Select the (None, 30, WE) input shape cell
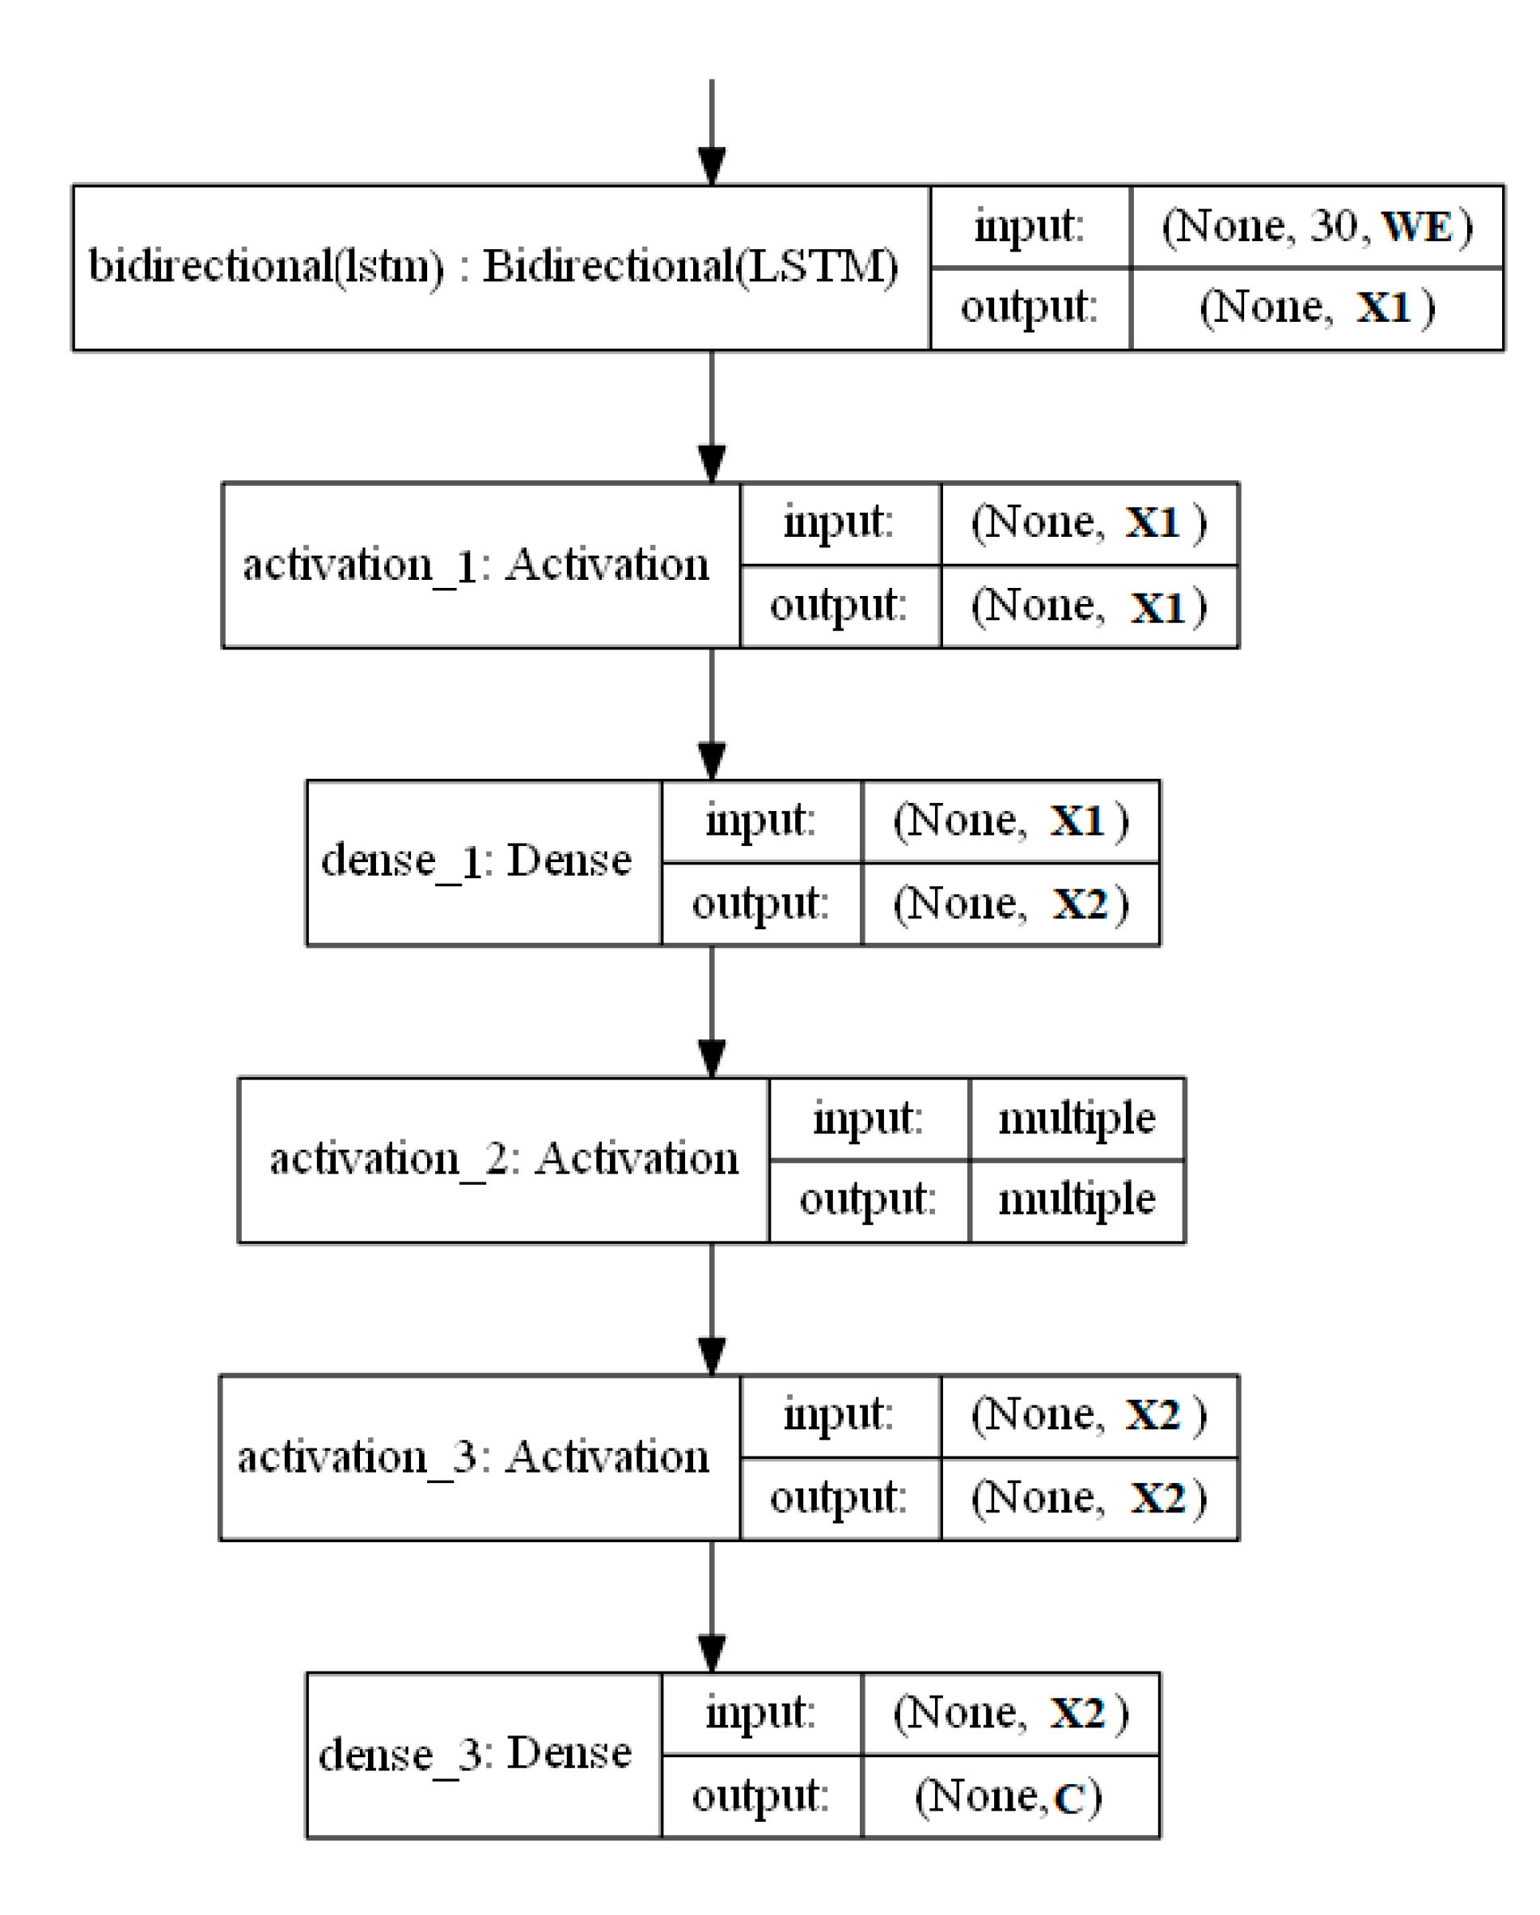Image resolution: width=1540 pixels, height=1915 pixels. tap(1316, 226)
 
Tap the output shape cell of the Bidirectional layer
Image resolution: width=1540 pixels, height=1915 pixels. tap(1316, 308)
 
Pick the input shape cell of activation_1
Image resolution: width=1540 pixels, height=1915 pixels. tap(1089, 523)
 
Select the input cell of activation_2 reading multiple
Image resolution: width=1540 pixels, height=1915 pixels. tap(1077, 1118)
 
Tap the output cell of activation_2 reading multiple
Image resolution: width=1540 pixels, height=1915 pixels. tap(1077, 1200)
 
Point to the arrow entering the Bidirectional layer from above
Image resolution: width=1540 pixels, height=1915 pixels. tap(712, 133)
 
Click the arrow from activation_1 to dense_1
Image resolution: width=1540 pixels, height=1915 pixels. tap(712, 715)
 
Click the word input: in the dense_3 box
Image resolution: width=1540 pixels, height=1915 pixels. tap(760, 1713)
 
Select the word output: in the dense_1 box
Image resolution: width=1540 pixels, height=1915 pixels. tap(760, 904)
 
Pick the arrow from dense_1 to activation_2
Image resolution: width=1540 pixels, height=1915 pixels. tap(712, 1012)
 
